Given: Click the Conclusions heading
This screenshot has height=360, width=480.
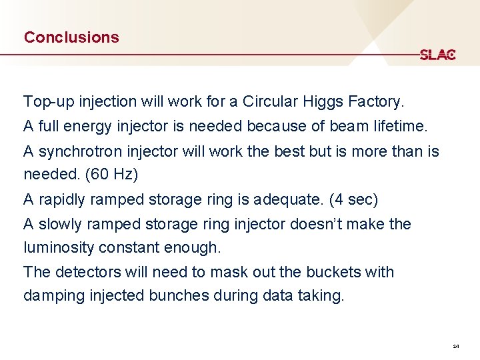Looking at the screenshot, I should click(x=71, y=37).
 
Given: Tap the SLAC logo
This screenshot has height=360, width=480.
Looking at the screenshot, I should click(x=437, y=55).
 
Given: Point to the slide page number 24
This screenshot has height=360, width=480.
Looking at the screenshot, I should click(x=455, y=347).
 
